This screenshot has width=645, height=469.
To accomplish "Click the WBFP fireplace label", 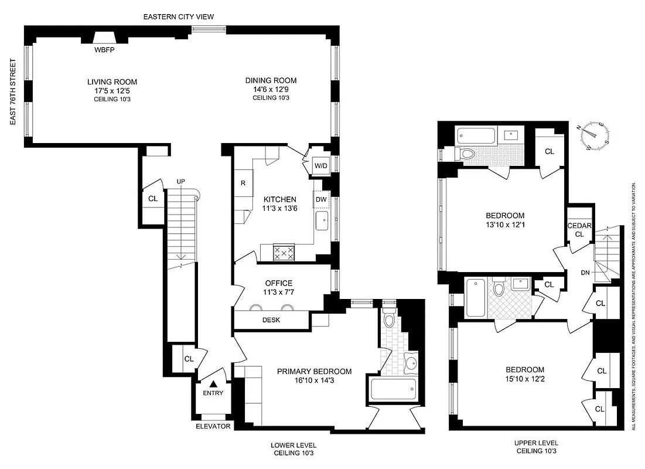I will (x=106, y=50).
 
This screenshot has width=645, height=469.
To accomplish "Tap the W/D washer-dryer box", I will (x=320, y=165).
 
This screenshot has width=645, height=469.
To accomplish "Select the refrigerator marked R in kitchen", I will (x=243, y=182).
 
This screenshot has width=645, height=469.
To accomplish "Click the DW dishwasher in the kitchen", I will (x=321, y=200).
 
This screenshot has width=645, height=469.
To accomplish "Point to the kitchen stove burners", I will (x=284, y=253).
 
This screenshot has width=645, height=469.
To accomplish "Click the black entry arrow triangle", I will (x=213, y=383).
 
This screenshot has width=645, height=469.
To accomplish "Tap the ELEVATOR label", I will (x=213, y=426).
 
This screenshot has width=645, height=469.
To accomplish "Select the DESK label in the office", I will (x=271, y=320).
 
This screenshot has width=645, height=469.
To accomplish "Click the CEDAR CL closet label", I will (x=579, y=230).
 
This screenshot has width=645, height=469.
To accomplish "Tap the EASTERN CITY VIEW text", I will (x=179, y=16).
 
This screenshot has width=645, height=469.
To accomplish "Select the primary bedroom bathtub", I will (x=393, y=389).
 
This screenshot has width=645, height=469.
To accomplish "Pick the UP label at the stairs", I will (x=180, y=182).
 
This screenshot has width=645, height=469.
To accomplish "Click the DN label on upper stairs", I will (x=585, y=273).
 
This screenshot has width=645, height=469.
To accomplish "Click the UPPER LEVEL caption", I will (x=537, y=443).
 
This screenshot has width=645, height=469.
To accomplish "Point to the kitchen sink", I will (x=322, y=222).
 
